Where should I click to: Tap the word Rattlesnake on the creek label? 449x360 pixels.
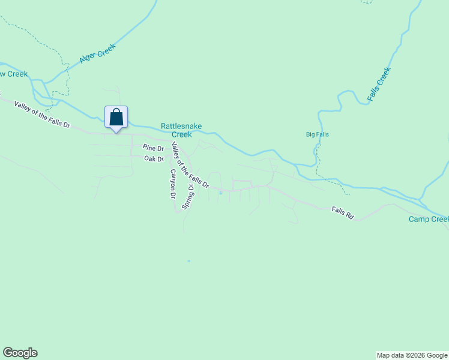click(x=181, y=127)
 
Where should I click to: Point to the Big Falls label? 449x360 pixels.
click(x=317, y=134)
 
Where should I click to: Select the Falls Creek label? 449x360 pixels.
click(x=379, y=83)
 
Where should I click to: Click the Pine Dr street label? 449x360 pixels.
click(x=153, y=148)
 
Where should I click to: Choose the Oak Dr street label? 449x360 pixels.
click(x=154, y=159)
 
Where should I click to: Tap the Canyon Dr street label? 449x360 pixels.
click(x=172, y=184)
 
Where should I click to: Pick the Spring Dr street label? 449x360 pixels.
click(x=188, y=196)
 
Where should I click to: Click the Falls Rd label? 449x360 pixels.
click(x=343, y=212)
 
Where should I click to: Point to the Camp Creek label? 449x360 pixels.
click(x=429, y=219)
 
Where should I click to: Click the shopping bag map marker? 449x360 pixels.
click(x=116, y=116)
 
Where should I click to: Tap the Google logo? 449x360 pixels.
click(x=20, y=353)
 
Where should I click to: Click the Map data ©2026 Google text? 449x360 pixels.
click(x=412, y=355)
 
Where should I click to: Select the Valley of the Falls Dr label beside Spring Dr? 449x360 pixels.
click(x=190, y=166)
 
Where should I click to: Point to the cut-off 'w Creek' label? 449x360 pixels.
click(x=14, y=74)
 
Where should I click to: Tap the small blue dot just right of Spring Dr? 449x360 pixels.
click(x=220, y=193)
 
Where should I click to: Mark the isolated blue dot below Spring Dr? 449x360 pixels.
click(x=188, y=261)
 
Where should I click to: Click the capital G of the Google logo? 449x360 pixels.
click(x=7, y=353)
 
